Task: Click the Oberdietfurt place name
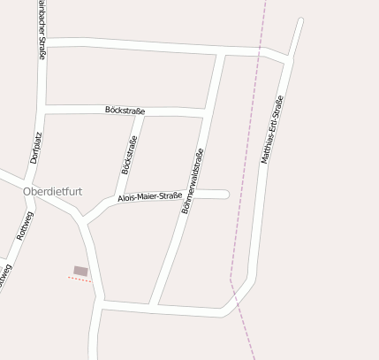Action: click(54, 191)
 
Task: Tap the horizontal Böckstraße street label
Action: click(124, 111)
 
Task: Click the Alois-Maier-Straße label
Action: click(150, 197)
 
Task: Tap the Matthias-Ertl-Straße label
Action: click(272, 131)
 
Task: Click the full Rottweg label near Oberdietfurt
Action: click(26, 226)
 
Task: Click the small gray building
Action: click(80, 271)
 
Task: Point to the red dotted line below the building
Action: click(80, 280)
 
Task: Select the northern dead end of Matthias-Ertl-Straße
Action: click(300, 20)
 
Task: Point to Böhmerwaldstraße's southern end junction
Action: click(154, 306)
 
